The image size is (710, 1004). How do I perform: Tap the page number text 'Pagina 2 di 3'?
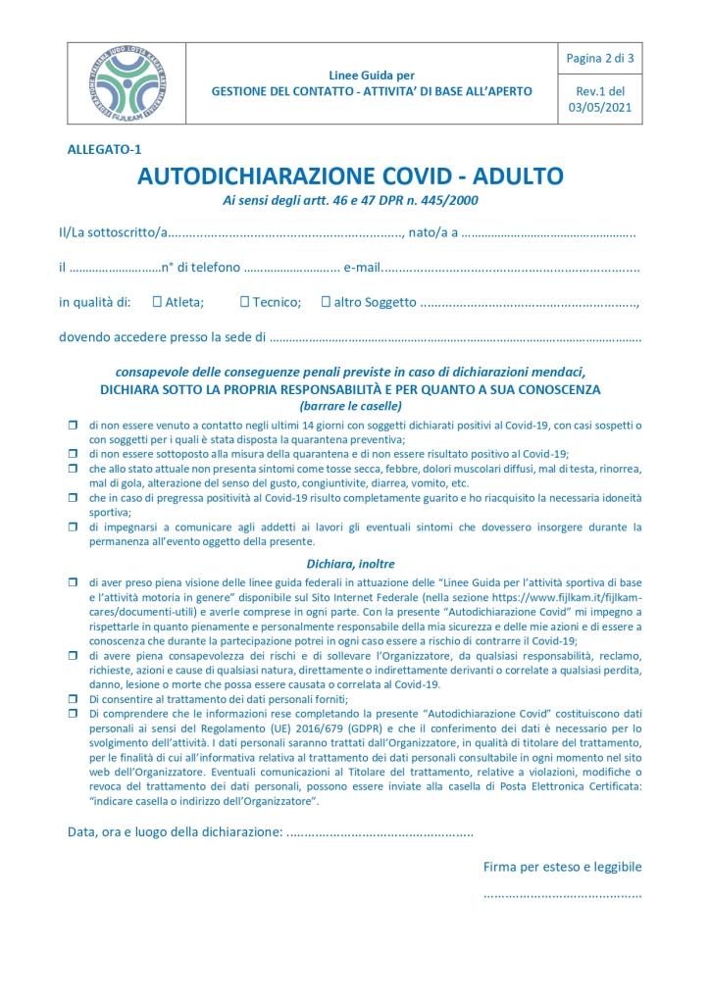pos(600,59)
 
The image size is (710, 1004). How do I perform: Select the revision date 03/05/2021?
pos(600,108)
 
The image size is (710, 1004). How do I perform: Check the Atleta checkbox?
pos(157,302)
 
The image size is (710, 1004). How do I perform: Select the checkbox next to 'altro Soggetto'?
pos(326,302)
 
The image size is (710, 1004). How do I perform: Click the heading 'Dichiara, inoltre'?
pos(350,565)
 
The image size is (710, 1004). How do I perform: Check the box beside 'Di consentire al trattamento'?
pos(73,698)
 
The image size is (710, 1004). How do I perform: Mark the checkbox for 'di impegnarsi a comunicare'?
pos(73,527)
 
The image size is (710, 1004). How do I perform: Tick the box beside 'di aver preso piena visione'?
pos(73,582)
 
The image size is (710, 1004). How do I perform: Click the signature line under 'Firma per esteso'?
pos(562,894)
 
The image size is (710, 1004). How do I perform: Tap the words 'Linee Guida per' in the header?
pos(372,75)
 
